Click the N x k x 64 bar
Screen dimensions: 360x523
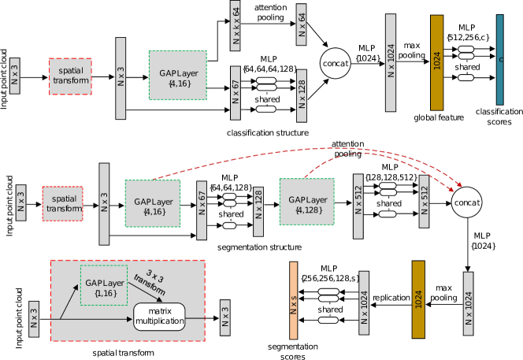tap(236, 26)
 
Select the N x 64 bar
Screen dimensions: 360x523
tap(302, 25)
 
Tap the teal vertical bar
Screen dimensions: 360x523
tap(499, 60)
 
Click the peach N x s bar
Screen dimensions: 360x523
tap(294, 300)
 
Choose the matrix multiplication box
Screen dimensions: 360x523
tap(159, 317)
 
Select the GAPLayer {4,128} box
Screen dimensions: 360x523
tap(306, 202)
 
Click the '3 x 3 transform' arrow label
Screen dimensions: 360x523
tap(150, 284)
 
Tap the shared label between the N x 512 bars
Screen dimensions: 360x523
tap(388, 203)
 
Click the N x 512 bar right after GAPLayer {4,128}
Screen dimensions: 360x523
tap(358, 206)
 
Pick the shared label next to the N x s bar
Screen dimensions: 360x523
tap(329, 310)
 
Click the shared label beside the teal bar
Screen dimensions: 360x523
tap(466, 67)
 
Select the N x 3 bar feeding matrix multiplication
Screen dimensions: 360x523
tap(34, 318)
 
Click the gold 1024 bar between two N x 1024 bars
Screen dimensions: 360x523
tap(418, 299)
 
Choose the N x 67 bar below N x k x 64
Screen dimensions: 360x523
tap(236, 93)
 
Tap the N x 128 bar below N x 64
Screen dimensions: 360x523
tap(302, 95)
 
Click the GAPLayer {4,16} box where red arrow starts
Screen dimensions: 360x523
tap(152, 203)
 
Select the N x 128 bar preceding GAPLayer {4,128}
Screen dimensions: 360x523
tap(258, 211)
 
